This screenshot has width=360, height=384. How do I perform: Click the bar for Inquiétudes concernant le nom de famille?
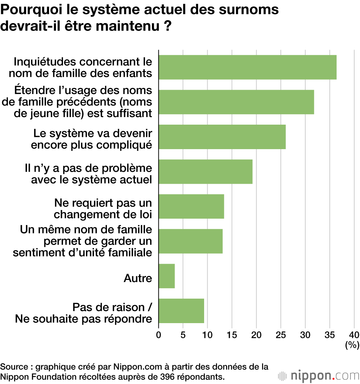pos(247,67)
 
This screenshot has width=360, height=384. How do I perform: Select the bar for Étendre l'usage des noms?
pos(236,102)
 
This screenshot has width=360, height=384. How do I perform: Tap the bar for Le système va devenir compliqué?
pos(222,137)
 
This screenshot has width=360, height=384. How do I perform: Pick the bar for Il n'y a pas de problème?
pos(206,172)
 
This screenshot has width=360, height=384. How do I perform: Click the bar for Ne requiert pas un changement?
pos(191,206)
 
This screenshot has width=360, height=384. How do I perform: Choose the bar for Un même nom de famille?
pos(190,241)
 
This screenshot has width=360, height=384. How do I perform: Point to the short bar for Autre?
pos(167,276)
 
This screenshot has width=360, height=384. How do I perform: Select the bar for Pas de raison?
pos(181,311)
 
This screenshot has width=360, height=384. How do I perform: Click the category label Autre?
pos(138,278)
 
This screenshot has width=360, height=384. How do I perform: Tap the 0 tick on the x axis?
pos(158,334)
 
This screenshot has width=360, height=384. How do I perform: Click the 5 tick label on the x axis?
pos(183,334)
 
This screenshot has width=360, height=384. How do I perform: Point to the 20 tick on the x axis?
pos(256,334)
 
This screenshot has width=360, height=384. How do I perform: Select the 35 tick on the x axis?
pos(330,334)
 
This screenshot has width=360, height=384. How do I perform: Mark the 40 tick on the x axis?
pos(354,334)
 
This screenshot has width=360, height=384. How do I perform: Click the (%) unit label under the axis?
pos(352,345)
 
